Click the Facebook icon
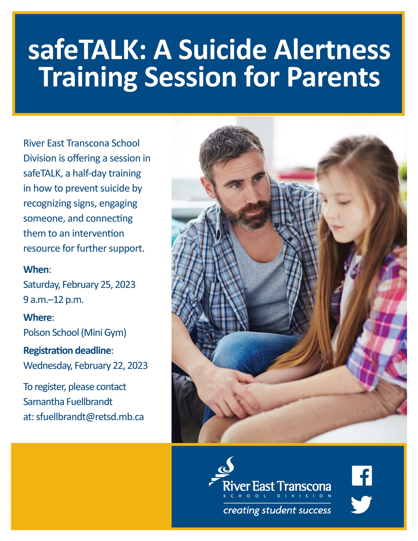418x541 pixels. tap(362, 475)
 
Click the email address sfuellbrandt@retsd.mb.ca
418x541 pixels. tap(90, 417)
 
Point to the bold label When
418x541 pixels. tap(36, 270)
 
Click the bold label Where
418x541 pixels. tap(38, 317)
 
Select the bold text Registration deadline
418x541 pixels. tap(67, 350)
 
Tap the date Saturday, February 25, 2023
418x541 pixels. tap(79, 284)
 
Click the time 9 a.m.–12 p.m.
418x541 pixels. tap(53, 299)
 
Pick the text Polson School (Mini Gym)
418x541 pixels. tap(75, 333)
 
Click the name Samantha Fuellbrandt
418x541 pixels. tap(68, 402)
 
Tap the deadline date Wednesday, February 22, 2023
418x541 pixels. tap(85, 365)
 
